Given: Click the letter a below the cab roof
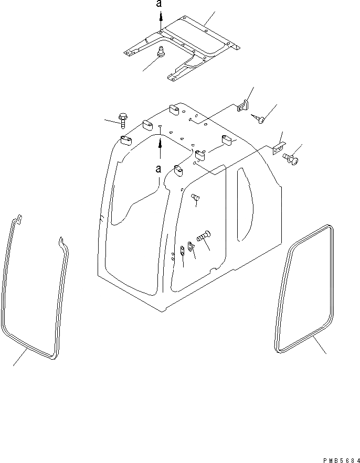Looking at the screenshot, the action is [158, 169].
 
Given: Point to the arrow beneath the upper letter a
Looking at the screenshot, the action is [161, 23].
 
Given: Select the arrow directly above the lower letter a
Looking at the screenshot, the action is [161, 148].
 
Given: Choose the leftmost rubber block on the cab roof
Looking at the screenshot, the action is [126, 140].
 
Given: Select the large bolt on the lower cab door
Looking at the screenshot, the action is [203, 236].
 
